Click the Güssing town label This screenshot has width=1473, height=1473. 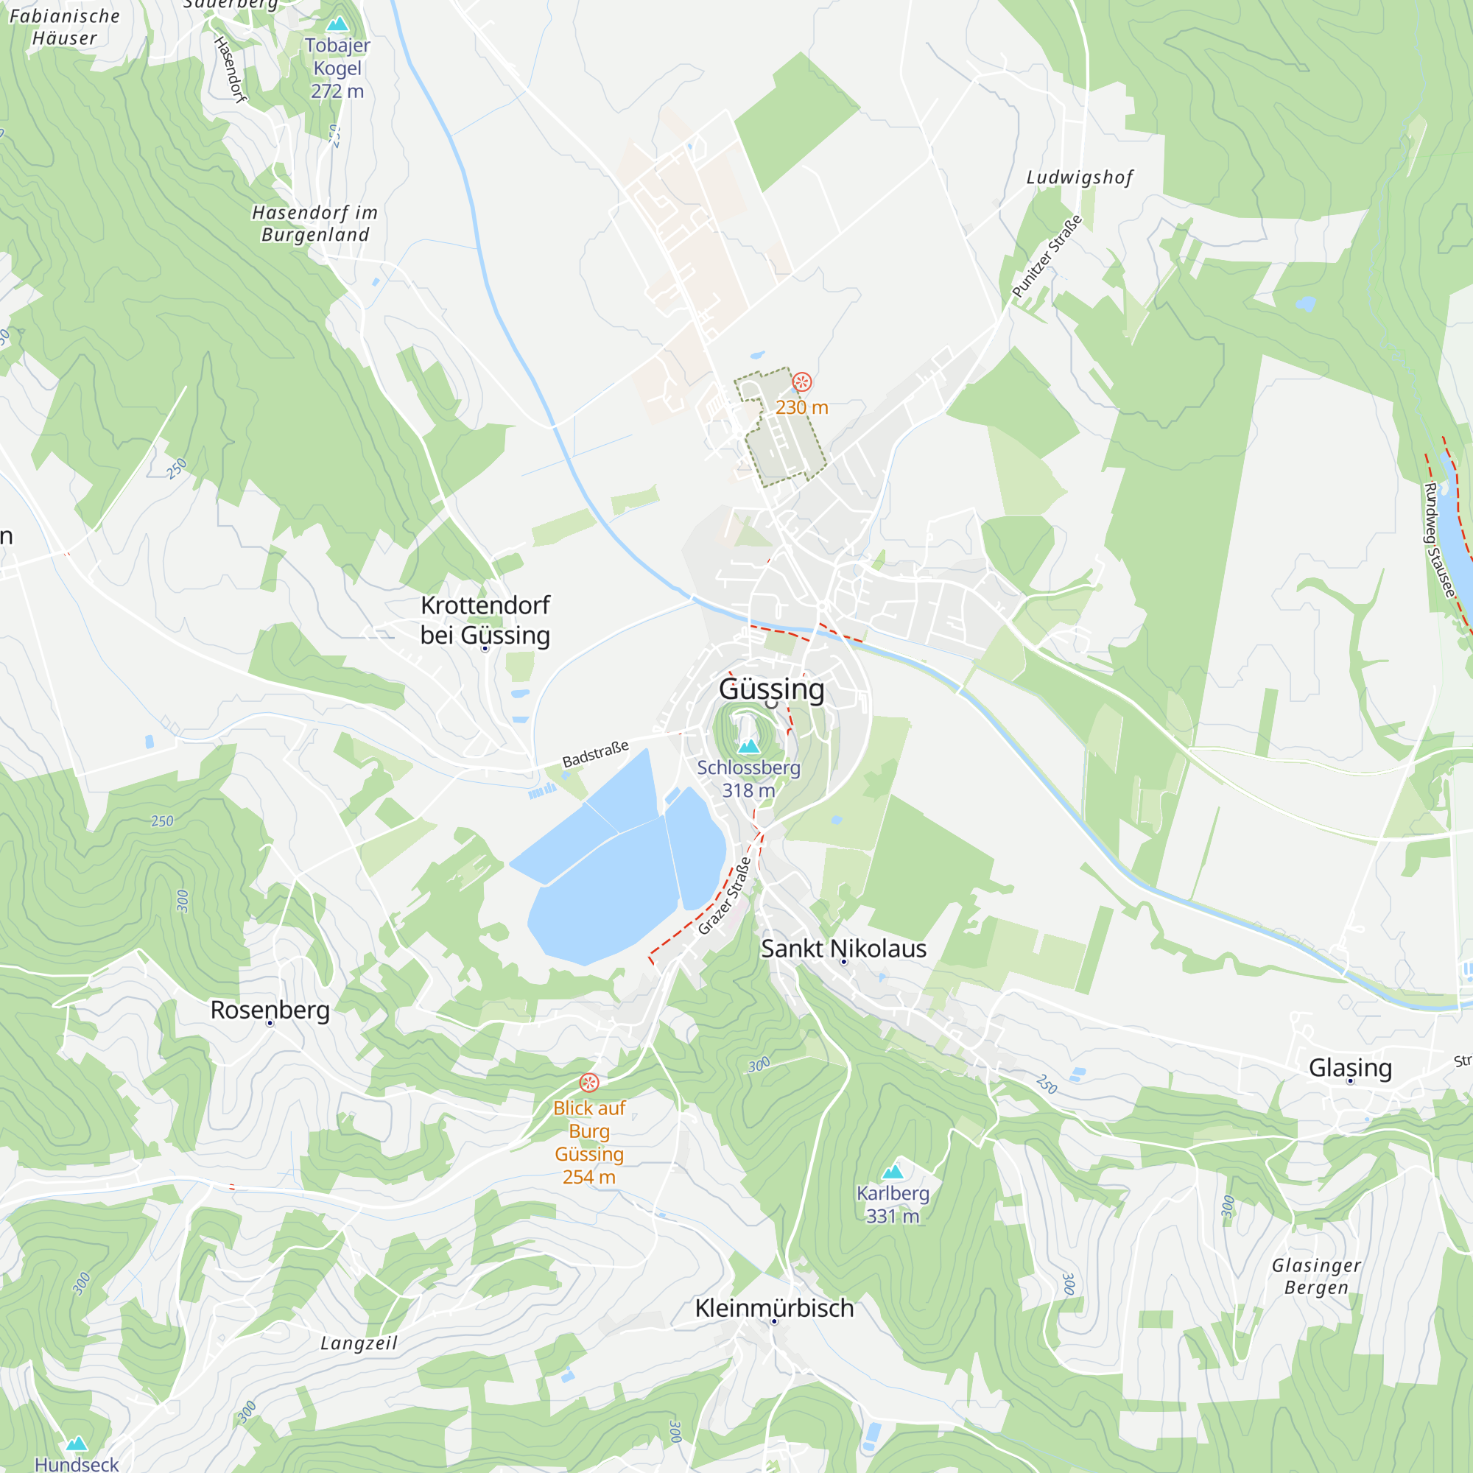tap(772, 689)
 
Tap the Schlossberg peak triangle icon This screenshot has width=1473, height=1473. tap(749, 745)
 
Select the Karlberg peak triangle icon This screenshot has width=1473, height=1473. tap(892, 1171)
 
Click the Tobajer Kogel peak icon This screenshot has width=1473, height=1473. tap(337, 24)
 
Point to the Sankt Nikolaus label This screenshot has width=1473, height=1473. tap(843, 949)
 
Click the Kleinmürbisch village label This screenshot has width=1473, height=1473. tap(774, 1308)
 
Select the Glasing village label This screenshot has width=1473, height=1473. tap(1349, 1067)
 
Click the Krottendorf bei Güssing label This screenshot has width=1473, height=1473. tap(485, 620)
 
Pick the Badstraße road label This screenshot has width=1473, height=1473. tap(595, 753)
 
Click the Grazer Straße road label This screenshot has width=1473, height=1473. tap(724, 896)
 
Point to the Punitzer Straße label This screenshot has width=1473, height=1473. tap(1047, 257)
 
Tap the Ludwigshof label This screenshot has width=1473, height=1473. tap(1080, 177)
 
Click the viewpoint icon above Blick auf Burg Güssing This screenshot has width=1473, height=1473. tap(588, 1083)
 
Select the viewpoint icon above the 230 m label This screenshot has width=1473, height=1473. tap(801, 382)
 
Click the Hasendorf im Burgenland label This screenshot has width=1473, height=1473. tap(315, 223)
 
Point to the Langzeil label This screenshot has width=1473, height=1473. tap(359, 1343)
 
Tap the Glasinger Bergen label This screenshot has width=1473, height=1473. tap(1316, 1276)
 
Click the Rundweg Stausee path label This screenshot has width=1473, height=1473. tap(1438, 540)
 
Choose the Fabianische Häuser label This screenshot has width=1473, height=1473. tap(65, 27)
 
